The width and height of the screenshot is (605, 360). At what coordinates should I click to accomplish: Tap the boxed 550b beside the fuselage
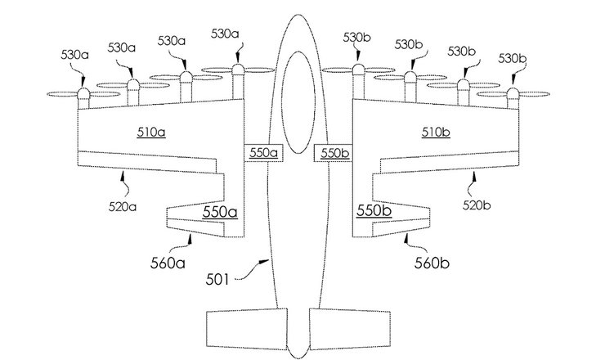tap(333, 153)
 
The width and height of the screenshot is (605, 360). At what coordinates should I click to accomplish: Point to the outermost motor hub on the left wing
tap(83, 98)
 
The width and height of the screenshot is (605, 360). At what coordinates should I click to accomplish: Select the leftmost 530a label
tap(75, 55)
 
